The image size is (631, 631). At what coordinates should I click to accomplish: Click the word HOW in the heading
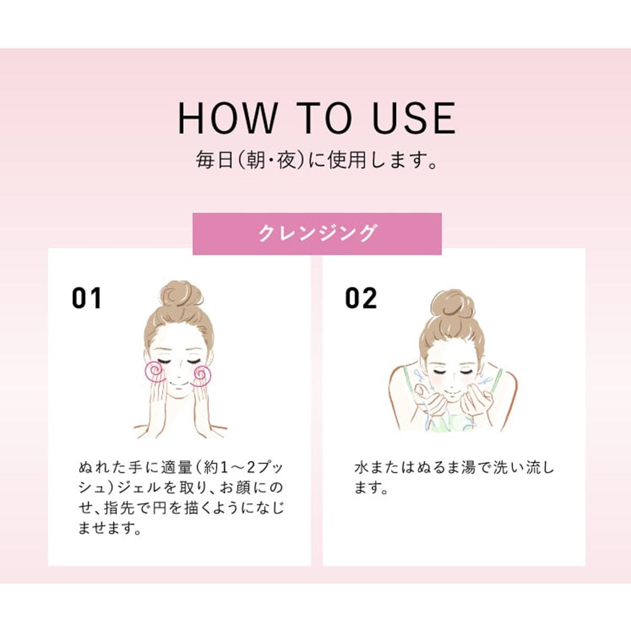coord(227,118)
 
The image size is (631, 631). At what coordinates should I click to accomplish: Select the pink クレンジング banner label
coord(317,233)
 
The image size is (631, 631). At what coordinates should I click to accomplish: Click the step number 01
coord(87,298)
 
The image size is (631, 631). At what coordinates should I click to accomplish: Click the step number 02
coord(361,298)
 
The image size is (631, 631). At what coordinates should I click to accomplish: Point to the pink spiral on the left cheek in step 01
coord(155,372)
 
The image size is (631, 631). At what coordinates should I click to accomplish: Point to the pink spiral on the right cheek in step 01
coord(202,375)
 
